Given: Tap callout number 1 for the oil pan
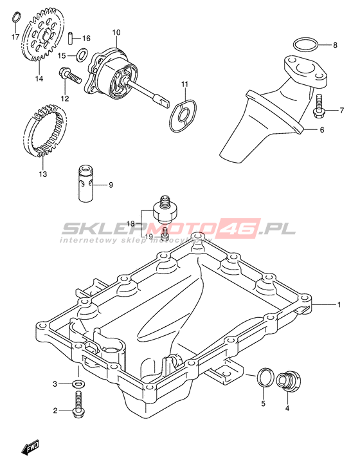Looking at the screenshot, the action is tap(339, 304).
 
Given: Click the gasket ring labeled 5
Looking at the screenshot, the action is tap(264, 377).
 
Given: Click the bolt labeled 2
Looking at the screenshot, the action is tap(78, 404).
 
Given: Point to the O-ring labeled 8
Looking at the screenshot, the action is tap(305, 46).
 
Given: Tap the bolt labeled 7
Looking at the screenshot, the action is tap(318, 106).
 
